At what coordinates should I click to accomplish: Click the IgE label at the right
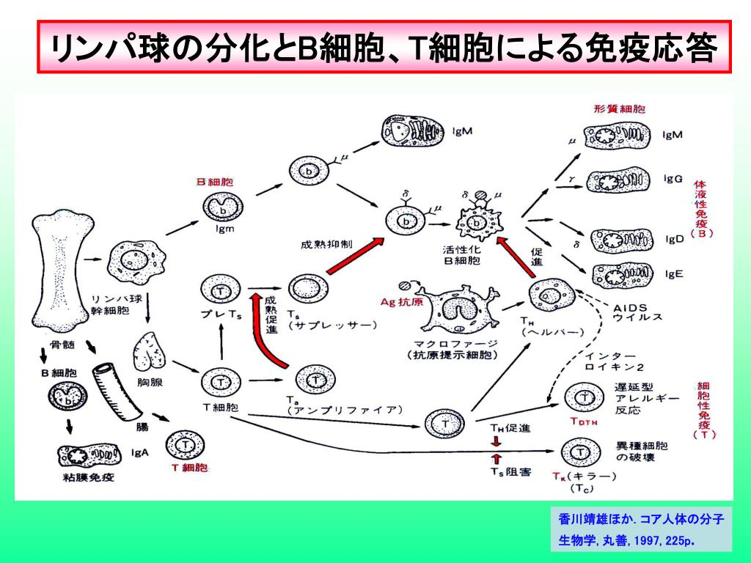[674, 273]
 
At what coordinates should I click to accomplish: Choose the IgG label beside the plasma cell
[673, 178]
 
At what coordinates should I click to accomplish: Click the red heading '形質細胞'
[620, 108]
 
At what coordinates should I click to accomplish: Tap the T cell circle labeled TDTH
[584, 397]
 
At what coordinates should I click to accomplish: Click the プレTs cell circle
[221, 292]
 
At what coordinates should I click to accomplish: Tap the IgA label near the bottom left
[139, 452]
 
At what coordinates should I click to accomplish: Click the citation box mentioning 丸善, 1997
[640, 530]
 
